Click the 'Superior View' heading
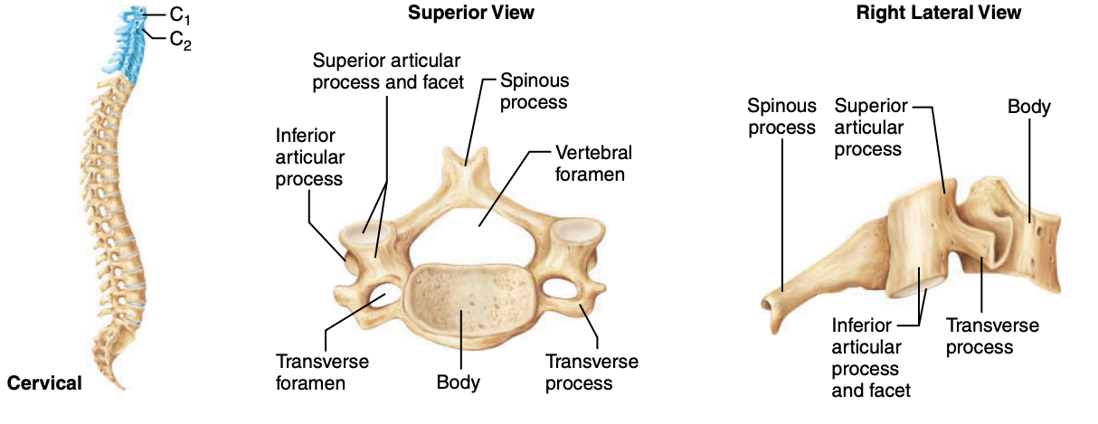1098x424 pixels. coord(470,13)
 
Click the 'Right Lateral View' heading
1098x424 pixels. coord(938,13)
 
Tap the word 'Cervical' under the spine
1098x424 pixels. coord(44,383)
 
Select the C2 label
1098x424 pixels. coord(180,41)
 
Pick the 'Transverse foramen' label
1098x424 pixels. coord(322,372)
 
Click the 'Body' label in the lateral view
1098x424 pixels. coord(1029,108)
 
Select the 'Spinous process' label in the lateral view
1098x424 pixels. coord(781,117)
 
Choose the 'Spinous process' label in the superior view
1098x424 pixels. coord(534,90)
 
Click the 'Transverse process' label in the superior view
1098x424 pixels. coord(592,372)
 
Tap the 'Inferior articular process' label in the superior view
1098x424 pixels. coord(308,156)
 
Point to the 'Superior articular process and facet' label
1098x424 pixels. coord(387,71)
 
